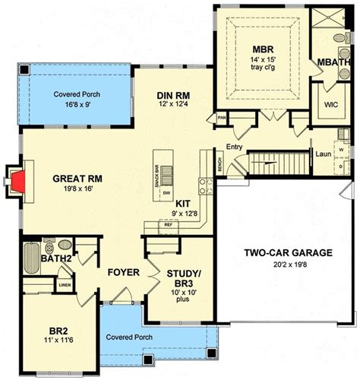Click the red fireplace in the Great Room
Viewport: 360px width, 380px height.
tap(18, 180)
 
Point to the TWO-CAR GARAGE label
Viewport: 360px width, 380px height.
tap(287, 253)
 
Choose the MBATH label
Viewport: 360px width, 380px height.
tap(334, 62)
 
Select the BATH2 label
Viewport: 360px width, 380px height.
tap(36, 261)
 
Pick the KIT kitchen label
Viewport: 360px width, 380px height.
tap(183, 204)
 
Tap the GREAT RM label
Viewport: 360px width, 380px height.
tap(78, 179)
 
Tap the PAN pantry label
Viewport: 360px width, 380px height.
tap(222, 118)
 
